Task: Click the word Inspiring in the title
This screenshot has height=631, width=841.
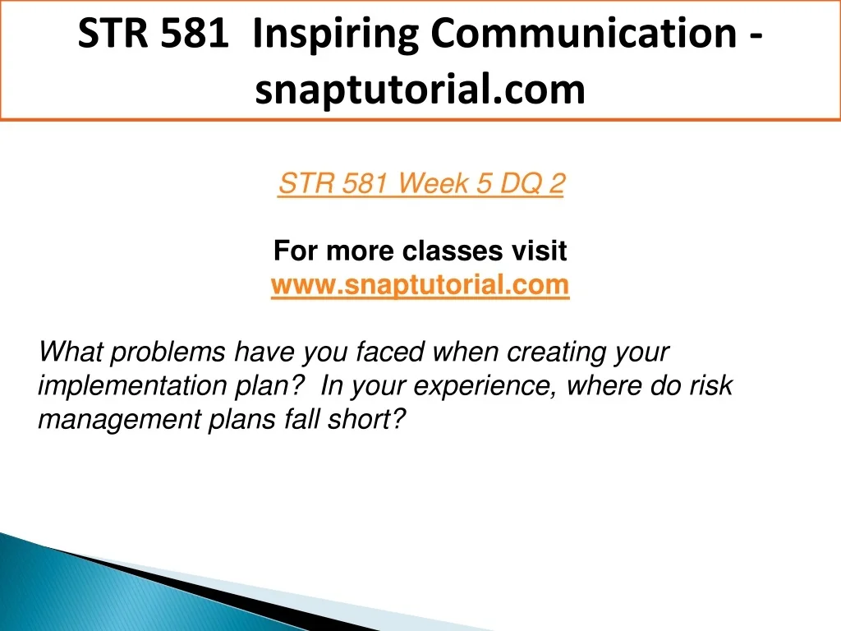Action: point(335,35)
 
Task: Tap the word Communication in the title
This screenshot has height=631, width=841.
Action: point(584,33)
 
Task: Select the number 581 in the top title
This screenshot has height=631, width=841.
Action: point(194,33)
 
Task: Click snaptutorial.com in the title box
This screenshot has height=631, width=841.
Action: point(420,89)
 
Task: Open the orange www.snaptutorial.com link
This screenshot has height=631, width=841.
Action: point(420,284)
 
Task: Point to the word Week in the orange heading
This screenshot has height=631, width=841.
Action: point(433,183)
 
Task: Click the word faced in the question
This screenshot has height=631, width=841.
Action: point(390,352)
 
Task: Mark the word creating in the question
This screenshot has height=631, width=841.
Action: point(556,352)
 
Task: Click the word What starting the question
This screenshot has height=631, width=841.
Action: point(71,352)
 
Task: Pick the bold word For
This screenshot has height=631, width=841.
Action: point(296,251)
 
